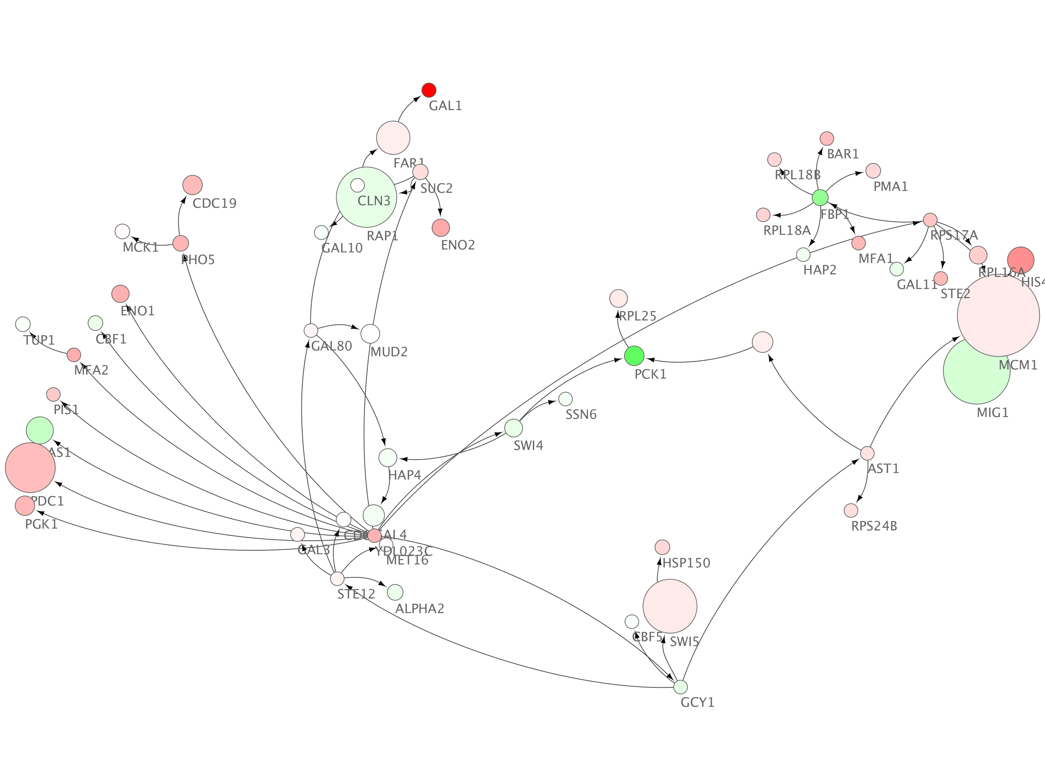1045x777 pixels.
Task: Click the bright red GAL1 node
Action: click(x=428, y=90)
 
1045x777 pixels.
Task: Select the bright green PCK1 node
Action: click(x=634, y=356)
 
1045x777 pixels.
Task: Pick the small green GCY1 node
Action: click(x=681, y=687)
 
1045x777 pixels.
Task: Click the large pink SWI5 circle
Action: click(x=670, y=606)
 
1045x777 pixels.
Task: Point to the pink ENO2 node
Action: click(x=441, y=228)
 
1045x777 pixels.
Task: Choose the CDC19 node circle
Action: click(x=192, y=185)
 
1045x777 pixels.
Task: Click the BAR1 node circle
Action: click(x=827, y=138)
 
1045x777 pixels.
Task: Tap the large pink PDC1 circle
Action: click(x=30, y=468)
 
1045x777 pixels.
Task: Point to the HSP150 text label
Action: click(x=686, y=563)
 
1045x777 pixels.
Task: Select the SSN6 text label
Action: click(x=581, y=415)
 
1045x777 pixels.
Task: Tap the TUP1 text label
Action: click(x=39, y=340)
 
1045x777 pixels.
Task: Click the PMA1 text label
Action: click(x=890, y=187)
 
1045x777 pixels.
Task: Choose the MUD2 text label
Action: click(x=389, y=352)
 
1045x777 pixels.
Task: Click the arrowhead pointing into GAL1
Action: click(x=417, y=99)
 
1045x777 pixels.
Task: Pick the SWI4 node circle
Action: click(x=514, y=428)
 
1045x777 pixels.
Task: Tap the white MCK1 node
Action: click(x=122, y=232)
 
